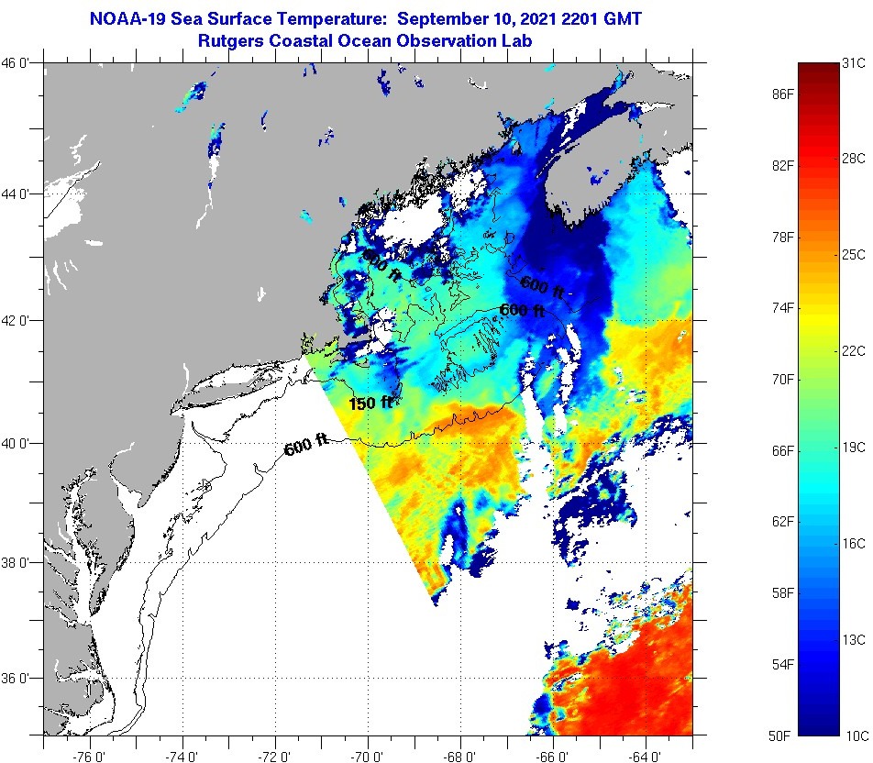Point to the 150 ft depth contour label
(x=370, y=403)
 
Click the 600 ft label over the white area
(x=305, y=448)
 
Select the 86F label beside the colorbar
(x=781, y=94)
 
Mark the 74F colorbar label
(x=781, y=308)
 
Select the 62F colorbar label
(x=781, y=522)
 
